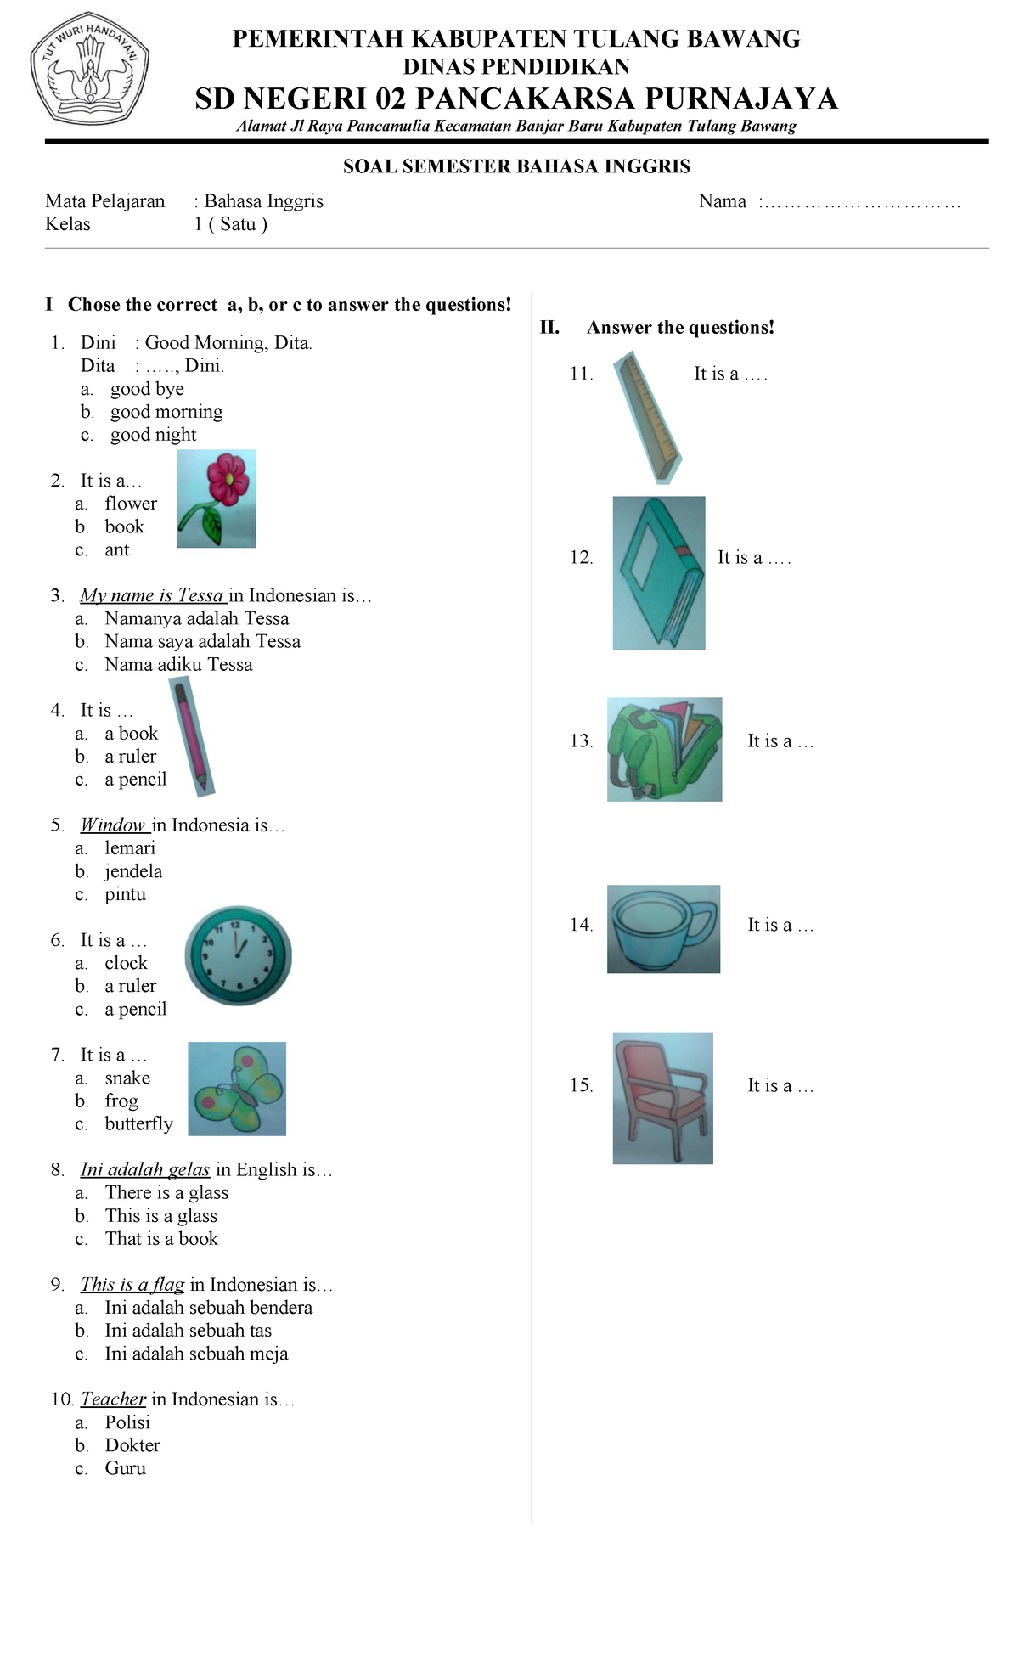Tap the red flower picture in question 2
point(216,498)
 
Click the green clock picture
point(238,956)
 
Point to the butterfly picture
point(237,1089)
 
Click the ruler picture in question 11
point(648,418)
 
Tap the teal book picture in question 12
point(659,573)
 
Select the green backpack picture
point(665,750)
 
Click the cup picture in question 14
point(664,929)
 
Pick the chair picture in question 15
point(663,1098)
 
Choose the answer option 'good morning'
point(166,412)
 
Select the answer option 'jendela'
point(133,871)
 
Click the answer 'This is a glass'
point(161,1216)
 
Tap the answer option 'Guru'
point(126,1468)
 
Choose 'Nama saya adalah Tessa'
point(203,641)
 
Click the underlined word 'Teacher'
point(113,1399)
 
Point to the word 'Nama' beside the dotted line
point(723,201)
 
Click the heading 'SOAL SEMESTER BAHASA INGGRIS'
point(516,166)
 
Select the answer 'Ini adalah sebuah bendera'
point(209,1308)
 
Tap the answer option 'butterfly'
point(139,1124)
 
